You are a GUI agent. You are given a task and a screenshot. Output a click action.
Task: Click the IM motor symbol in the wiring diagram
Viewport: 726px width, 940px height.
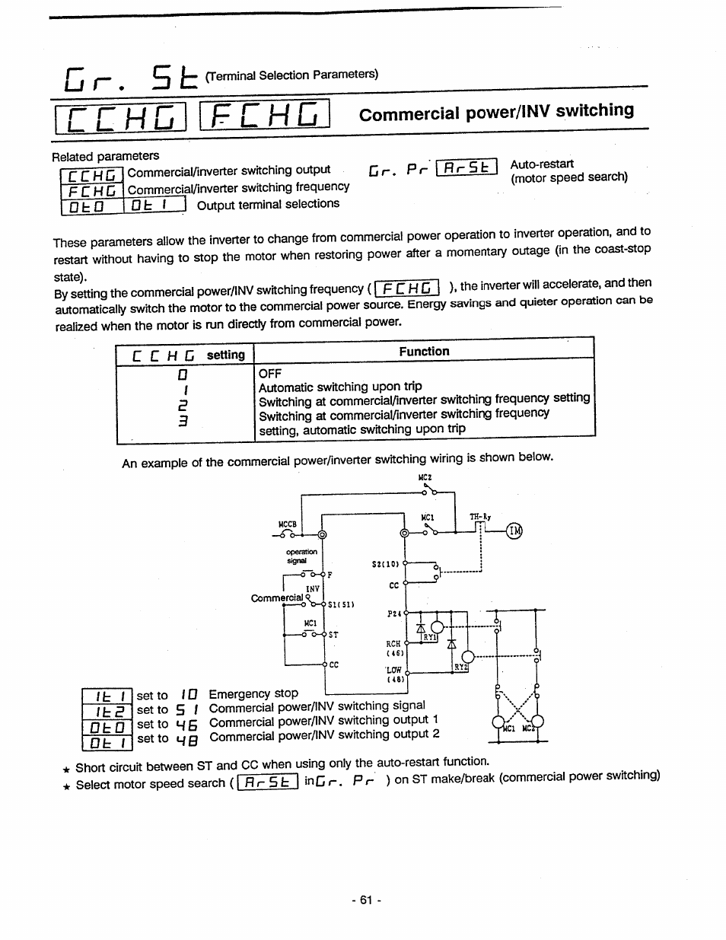click(x=515, y=531)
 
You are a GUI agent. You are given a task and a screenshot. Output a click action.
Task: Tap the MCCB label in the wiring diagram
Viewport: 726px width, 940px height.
click(x=287, y=524)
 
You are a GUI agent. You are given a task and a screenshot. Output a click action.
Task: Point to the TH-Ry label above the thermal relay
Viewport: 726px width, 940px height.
click(x=480, y=517)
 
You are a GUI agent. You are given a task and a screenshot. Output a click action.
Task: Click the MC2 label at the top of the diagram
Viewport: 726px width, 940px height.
click(x=425, y=477)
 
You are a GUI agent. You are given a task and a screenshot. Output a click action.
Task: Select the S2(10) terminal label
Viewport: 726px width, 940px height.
click(x=385, y=564)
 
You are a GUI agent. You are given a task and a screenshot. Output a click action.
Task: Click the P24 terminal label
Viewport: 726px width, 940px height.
click(x=393, y=613)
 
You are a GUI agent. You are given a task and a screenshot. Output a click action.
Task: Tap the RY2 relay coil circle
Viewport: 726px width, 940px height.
click(x=468, y=657)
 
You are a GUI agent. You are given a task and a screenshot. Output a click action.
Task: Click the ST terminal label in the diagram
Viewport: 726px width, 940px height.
click(x=333, y=634)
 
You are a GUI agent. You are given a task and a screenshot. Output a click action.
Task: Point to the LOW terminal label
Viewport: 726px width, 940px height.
click(x=393, y=671)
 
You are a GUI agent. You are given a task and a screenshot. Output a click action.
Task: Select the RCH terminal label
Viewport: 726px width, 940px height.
click(x=393, y=644)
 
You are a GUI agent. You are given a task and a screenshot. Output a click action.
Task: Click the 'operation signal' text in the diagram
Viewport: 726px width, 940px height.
click(x=301, y=556)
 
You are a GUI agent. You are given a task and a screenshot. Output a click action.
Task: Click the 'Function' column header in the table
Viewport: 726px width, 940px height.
click(x=424, y=352)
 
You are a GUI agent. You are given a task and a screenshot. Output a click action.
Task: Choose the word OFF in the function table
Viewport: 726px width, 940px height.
click(x=269, y=374)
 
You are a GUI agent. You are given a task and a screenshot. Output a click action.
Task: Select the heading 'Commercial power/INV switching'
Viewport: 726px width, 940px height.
click(x=496, y=112)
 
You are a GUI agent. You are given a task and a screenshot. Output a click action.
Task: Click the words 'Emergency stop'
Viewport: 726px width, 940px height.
click(x=253, y=693)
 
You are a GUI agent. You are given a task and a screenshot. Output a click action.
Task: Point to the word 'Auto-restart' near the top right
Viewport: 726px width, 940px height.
click(x=542, y=164)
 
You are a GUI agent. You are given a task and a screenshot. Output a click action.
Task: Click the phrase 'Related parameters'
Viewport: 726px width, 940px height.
click(x=106, y=156)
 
